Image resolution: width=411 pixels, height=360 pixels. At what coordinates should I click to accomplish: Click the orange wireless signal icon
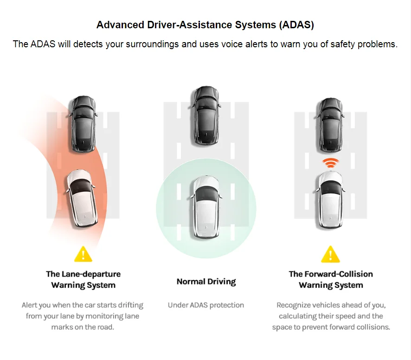(330, 163)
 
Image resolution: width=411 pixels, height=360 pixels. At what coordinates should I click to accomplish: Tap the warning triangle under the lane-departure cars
(83, 254)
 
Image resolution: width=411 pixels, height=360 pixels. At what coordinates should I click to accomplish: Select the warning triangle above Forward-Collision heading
(330, 254)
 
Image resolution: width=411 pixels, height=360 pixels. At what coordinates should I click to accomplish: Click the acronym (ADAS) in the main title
(296, 25)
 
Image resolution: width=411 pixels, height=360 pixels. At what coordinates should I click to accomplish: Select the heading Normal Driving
(206, 281)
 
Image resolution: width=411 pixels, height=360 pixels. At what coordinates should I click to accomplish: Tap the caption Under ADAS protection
(205, 305)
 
